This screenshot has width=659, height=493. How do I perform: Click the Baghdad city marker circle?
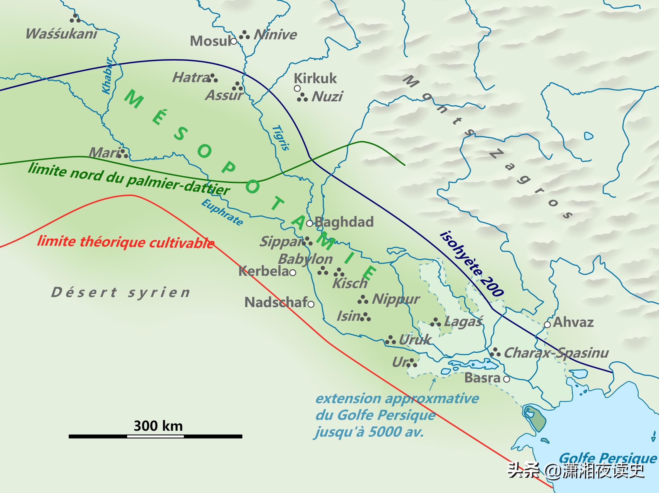(x=310, y=223)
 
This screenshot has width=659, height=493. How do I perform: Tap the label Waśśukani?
(x=61, y=34)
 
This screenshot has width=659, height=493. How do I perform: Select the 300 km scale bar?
(x=155, y=436)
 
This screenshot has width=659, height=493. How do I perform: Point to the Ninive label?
(x=275, y=35)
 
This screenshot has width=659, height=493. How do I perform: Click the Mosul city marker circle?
(x=234, y=41)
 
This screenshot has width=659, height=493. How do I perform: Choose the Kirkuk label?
(x=315, y=78)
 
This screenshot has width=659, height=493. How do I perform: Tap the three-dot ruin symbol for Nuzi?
(x=302, y=97)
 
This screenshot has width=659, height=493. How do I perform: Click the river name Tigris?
(x=281, y=138)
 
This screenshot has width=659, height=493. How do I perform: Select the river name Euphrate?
(x=222, y=212)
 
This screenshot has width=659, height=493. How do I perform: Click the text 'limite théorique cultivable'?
(x=126, y=242)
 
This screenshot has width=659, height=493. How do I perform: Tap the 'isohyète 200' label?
(x=472, y=263)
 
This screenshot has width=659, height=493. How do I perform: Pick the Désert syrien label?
(x=121, y=292)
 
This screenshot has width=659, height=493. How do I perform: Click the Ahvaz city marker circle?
(x=547, y=324)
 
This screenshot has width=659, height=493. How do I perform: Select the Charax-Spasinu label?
(x=556, y=353)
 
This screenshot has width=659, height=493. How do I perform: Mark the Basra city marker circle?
(x=506, y=379)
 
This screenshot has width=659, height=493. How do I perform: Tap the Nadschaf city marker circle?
(x=311, y=304)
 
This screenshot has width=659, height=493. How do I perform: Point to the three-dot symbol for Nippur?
(x=363, y=300)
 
